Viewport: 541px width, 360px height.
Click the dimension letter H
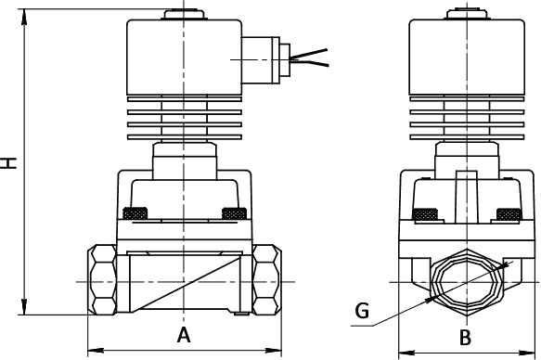click(x=8, y=163)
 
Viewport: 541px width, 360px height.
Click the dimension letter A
click(x=184, y=335)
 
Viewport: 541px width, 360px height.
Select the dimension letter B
click(x=466, y=338)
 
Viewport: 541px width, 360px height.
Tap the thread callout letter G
click(x=362, y=311)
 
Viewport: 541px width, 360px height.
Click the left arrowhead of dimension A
click(x=96, y=351)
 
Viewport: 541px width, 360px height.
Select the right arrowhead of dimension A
click(x=274, y=351)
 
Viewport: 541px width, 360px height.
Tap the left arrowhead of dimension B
click(x=406, y=353)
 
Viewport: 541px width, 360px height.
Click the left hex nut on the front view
click(x=102, y=279)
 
